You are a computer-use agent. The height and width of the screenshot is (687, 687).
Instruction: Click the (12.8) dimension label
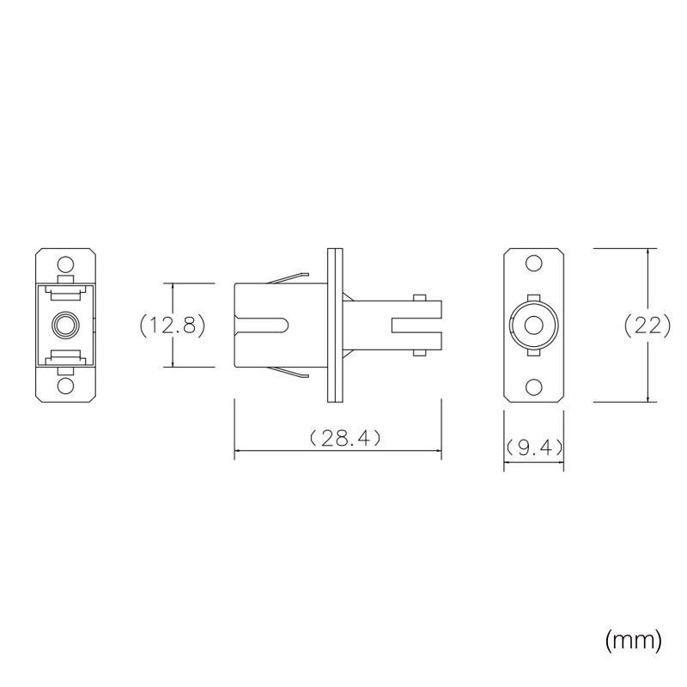(173, 325)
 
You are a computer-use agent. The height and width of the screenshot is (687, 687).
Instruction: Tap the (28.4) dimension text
(345, 438)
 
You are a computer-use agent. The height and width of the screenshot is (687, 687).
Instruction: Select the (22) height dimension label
(647, 325)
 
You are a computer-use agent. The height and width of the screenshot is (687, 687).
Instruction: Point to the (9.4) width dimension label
(534, 447)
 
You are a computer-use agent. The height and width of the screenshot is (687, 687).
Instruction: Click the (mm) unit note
(633, 641)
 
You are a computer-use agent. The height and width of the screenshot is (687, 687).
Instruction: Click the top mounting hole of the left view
(65, 264)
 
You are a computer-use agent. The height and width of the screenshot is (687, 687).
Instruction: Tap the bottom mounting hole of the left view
(65, 386)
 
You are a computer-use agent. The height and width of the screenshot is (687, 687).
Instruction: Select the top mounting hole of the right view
(533, 264)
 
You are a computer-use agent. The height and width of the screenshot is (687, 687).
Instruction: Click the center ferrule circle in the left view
(65, 325)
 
